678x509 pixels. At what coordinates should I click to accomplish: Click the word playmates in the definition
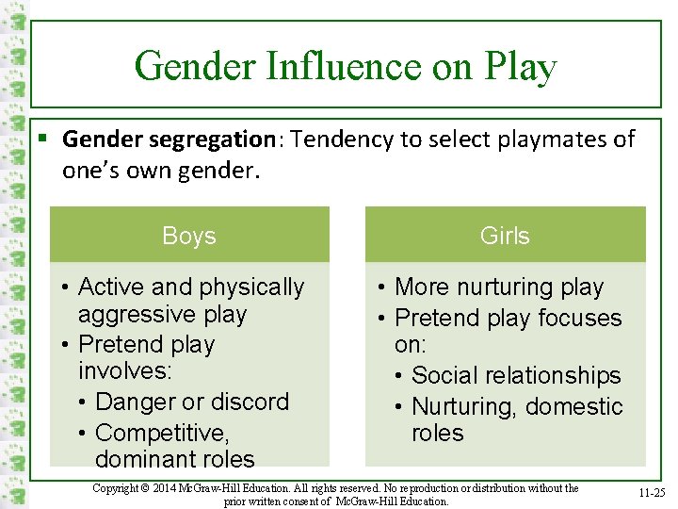(x=538, y=140)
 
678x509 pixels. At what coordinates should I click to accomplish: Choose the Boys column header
(x=188, y=236)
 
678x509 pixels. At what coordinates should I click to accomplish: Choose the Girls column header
(x=505, y=236)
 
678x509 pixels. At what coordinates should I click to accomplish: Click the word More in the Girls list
(x=420, y=287)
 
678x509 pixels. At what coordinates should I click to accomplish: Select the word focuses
(x=576, y=318)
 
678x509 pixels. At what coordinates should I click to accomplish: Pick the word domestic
(x=574, y=406)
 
